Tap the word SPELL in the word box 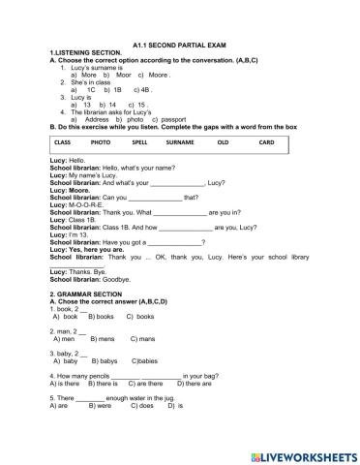coord(139,142)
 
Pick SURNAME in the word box coord(180,142)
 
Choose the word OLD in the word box coord(224,142)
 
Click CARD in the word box coord(267,142)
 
